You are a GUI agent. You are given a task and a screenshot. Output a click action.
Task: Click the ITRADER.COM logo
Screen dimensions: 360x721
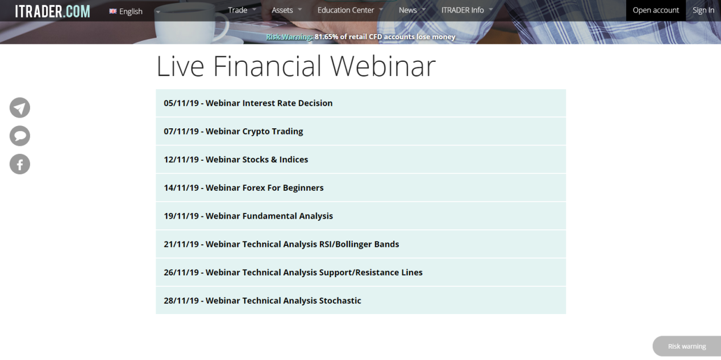[x=52, y=11]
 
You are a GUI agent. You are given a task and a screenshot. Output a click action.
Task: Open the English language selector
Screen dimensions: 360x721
[x=130, y=11]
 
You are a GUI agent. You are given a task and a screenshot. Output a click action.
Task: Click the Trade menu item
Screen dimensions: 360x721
[x=237, y=10]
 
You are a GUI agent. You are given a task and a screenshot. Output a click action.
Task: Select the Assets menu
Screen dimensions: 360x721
[x=282, y=10]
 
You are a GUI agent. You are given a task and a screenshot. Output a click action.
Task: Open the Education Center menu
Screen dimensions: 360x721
[x=345, y=10]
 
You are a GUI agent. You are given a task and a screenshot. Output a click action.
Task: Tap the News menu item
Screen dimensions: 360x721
[x=408, y=10]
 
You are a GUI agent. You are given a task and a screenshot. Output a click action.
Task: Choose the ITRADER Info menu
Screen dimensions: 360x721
[x=462, y=10]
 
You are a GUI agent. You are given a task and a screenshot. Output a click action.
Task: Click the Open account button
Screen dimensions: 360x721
[x=656, y=10]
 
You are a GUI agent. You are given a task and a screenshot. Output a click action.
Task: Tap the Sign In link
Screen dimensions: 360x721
[x=703, y=10]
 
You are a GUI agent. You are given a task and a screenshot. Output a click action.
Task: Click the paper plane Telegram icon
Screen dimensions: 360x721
[x=20, y=108]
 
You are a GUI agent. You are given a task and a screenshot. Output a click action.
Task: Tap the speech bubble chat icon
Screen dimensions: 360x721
[x=20, y=136]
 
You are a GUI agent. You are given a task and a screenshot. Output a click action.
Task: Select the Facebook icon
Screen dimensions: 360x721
[x=20, y=165]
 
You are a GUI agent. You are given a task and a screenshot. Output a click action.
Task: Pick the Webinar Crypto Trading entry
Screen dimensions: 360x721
[x=254, y=131]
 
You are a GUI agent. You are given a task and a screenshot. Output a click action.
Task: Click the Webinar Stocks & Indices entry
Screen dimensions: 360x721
[x=257, y=160]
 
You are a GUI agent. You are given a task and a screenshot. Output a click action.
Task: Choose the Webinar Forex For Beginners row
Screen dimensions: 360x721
[x=264, y=188]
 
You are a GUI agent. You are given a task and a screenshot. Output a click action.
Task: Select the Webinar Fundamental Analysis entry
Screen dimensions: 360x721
[x=269, y=216]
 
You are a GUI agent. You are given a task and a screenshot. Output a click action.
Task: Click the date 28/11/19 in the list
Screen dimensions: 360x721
[x=181, y=301]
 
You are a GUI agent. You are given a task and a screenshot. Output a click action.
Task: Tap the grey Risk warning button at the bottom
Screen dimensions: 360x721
[x=686, y=346]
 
